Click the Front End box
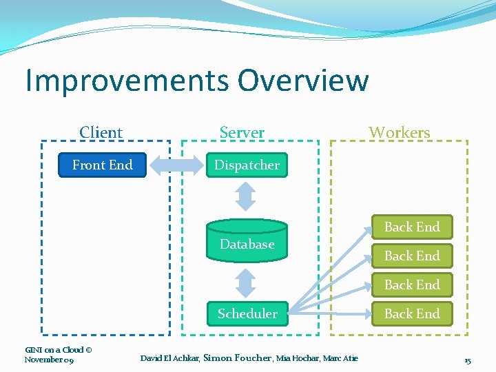[x=103, y=165]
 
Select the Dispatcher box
[x=247, y=165]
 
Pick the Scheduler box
[x=247, y=314]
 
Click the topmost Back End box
[x=411, y=227]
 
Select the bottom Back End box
[x=411, y=314]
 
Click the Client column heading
[x=101, y=132]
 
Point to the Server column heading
[x=242, y=132]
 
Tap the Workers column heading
[x=399, y=132]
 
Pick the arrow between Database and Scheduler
[x=246, y=282]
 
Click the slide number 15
[x=467, y=360]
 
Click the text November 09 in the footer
[x=49, y=360]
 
